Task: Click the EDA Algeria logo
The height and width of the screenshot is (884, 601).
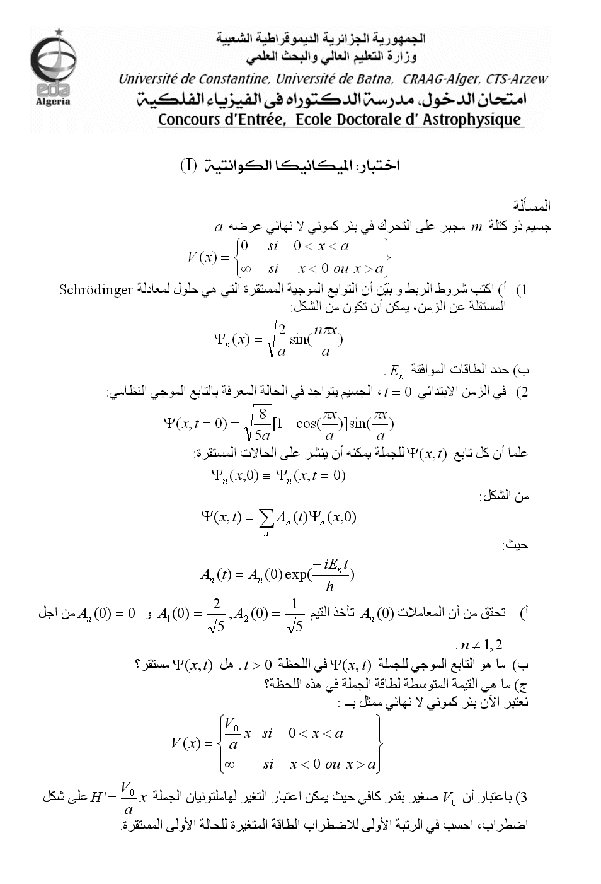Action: point(53,68)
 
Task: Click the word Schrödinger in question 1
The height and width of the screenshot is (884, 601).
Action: point(95,290)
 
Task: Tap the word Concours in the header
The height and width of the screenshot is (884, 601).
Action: point(188,120)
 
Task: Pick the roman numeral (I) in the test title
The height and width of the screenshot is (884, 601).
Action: point(189,166)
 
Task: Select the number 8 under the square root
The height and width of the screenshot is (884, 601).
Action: point(262,414)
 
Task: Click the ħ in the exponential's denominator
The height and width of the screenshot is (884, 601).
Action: point(329,586)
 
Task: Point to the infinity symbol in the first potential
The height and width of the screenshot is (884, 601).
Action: point(246,269)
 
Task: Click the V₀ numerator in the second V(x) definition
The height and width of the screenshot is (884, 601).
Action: point(232,722)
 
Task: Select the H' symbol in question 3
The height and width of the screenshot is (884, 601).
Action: point(99,798)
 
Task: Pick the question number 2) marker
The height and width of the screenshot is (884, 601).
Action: point(522,393)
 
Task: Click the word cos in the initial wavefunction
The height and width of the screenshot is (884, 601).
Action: point(307,424)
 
